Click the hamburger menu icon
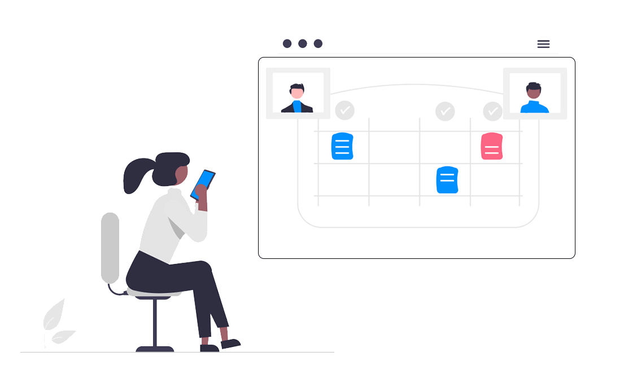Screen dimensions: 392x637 (x=543, y=44)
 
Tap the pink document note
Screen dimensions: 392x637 (x=492, y=147)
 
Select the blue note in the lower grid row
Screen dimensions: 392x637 (x=447, y=180)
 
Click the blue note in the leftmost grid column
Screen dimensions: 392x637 (x=342, y=146)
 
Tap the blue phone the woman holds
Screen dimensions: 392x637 (x=203, y=184)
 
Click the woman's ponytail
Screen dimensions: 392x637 (x=135, y=175)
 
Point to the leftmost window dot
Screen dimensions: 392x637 (x=287, y=43)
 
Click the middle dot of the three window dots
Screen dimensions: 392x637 (x=303, y=43)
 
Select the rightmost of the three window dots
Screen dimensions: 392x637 (x=318, y=43)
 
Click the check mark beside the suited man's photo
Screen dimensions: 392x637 (x=344, y=111)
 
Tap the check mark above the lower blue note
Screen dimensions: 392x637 (x=445, y=111)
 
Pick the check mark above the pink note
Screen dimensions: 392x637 (x=492, y=111)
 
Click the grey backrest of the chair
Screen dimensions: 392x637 (x=110, y=248)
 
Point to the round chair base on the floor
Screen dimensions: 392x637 (x=155, y=349)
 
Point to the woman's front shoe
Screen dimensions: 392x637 (x=230, y=343)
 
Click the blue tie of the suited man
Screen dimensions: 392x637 (x=297, y=107)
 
